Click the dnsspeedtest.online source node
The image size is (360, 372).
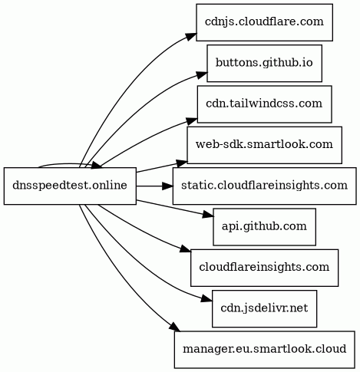(70, 186)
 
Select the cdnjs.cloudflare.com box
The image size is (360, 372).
(264, 22)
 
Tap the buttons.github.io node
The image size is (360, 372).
(264, 63)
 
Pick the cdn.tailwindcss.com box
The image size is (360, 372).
(264, 104)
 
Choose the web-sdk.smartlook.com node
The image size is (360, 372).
(264, 145)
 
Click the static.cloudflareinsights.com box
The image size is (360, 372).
(264, 186)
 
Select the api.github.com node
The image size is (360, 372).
(264, 227)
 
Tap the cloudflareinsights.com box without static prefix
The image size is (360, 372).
(264, 268)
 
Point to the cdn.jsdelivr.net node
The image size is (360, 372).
(264, 308)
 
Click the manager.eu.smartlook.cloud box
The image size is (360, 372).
(265, 350)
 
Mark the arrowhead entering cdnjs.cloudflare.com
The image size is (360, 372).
(190, 36)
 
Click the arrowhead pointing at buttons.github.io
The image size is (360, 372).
(202, 75)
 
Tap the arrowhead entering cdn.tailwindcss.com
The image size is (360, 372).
(192, 120)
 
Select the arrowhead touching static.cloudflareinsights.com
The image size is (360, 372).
(167, 186)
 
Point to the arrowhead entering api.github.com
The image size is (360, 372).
(208, 215)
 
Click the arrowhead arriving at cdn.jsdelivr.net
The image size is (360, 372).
(206, 298)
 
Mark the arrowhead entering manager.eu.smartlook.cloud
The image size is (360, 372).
(174, 327)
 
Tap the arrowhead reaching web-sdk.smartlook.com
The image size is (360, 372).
(182, 163)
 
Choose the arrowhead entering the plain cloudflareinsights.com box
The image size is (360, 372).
(186, 249)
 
